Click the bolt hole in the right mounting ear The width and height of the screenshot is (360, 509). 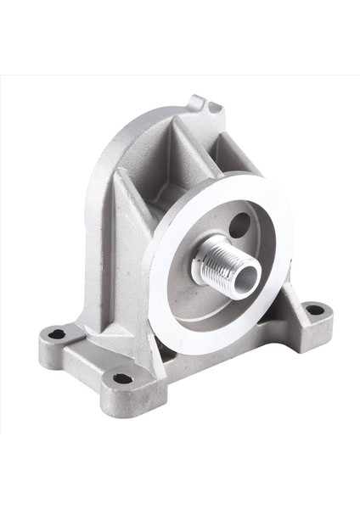[x=313, y=310]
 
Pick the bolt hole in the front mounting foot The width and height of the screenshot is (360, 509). [x=123, y=378]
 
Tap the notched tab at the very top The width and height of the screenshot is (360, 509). [x=204, y=104]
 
